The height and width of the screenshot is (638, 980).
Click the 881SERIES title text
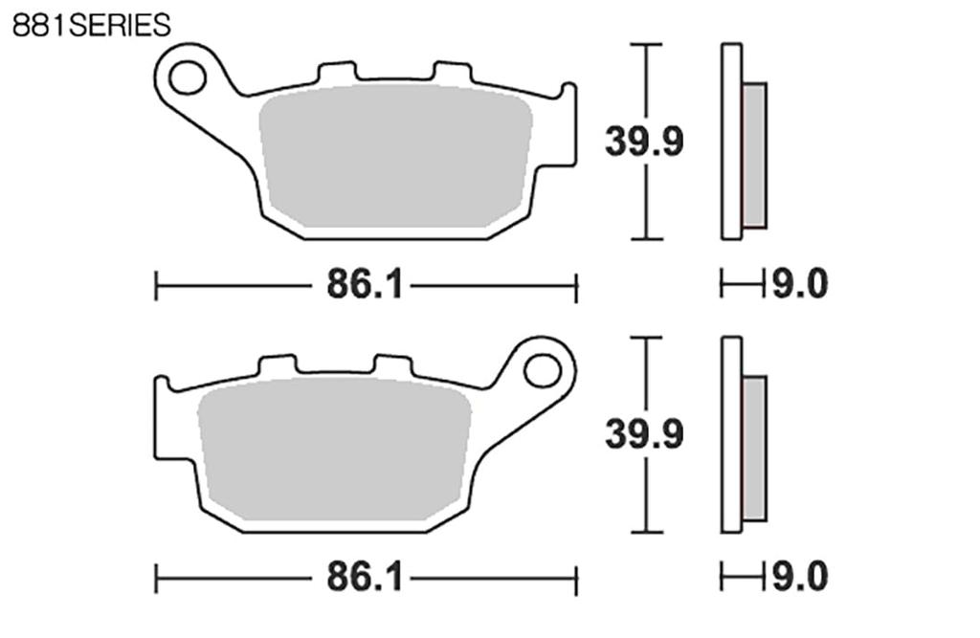pyautogui.click(x=91, y=25)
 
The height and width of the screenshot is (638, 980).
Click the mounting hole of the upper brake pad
pyautogui.click(x=188, y=77)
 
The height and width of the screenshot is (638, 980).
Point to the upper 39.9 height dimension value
pyautogui.click(x=644, y=143)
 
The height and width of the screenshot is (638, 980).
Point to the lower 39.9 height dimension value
pyautogui.click(x=644, y=435)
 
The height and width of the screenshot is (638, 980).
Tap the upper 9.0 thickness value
pyautogui.click(x=799, y=285)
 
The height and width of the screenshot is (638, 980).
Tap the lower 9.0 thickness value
pyautogui.click(x=799, y=578)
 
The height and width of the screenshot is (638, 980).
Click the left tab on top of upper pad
pyautogui.click(x=336, y=73)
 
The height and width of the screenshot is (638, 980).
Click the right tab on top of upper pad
pyautogui.click(x=452, y=73)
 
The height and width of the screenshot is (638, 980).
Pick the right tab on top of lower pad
pyautogui.click(x=392, y=365)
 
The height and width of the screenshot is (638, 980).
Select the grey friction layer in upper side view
pyautogui.click(x=754, y=156)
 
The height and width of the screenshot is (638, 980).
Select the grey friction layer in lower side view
pyautogui.click(x=754, y=449)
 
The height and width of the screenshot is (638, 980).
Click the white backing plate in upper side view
pyautogui.click(x=731, y=142)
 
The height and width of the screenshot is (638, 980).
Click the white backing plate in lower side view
pyautogui.click(x=731, y=434)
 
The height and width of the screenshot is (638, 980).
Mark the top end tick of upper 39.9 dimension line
pyautogui.click(x=647, y=44)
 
